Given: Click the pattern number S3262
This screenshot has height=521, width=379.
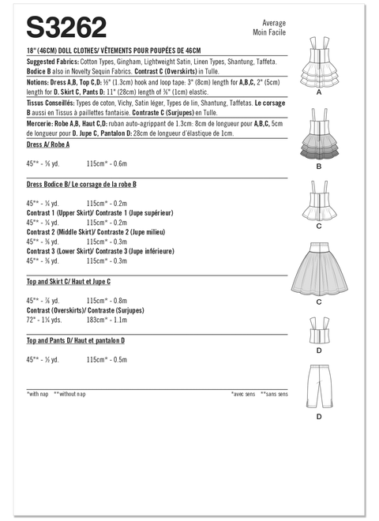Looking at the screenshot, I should coord(67,29).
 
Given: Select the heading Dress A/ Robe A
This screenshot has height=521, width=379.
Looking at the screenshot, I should coord(48,146).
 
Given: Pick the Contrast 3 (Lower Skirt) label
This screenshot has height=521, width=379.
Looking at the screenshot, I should coord(99,251).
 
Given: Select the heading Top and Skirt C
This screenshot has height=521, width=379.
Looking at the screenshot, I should coord(68,281).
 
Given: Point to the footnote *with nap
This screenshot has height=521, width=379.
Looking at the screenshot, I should coord(39,393).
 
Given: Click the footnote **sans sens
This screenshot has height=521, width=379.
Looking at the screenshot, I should coord(277,393).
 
